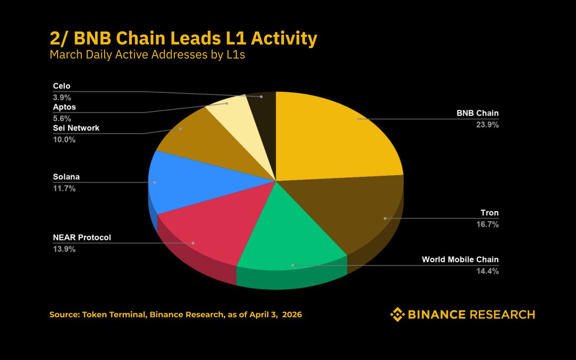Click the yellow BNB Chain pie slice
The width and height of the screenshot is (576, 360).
[x=336, y=134]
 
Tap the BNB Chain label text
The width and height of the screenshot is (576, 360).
[x=477, y=114]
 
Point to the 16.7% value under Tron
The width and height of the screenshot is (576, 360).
[x=489, y=224]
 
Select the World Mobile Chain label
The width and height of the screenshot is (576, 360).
[x=460, y=260]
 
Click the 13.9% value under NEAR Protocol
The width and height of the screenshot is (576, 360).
[x=64, y=249]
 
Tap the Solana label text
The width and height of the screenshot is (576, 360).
[x=66, y=177]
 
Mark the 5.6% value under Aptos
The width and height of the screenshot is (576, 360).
[x=62, y=119]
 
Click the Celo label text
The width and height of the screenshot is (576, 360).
[x=61, y=86]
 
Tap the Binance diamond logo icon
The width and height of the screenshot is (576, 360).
[x=397, y=315]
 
